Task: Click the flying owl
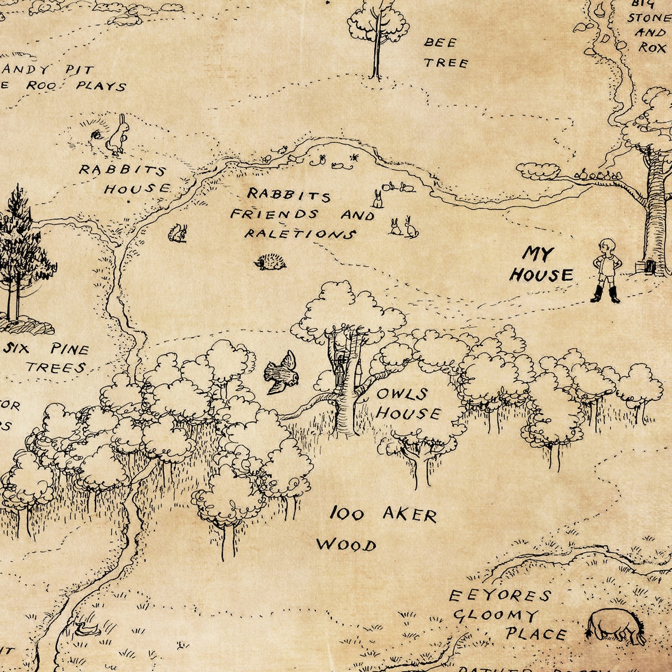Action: [x=280, y=373]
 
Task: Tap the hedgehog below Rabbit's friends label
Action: [x=270, y=262]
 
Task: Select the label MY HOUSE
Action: [x=541, y=265]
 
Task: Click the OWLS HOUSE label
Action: [x=408, y=403]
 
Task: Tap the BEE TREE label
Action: [x=445, y=52]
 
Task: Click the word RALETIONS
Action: [x=301, y=233]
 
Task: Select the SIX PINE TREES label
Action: [x=47, y=358]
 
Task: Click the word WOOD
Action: [x=346, y=544]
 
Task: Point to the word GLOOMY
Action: [x=495, y=615]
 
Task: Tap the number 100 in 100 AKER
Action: [x=347, y=514]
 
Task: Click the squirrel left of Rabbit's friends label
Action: [x=178, y=233]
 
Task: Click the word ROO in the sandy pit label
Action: [x=42, y=86]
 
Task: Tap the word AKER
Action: [x=410, y=515]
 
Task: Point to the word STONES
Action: [x=648, y=18]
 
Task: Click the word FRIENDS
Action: [x=275, y=214]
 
